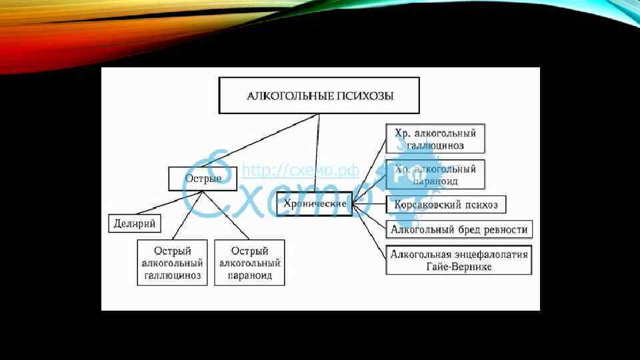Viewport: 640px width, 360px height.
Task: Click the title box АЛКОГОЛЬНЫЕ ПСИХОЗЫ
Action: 320,96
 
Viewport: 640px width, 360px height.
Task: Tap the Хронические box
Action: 314,204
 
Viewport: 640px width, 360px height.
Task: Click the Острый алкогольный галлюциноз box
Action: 171,263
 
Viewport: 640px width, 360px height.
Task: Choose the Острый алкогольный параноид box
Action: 249,263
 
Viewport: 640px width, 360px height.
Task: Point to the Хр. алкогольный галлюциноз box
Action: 435,139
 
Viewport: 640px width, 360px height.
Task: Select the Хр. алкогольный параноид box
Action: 435,175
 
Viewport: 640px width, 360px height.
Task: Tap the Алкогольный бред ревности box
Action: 459,230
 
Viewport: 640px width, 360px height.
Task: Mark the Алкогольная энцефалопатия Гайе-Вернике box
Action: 459,260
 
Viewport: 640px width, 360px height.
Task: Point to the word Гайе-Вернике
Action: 459,267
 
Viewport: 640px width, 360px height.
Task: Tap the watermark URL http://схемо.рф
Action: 300,171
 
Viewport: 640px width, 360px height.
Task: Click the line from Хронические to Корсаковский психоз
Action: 369,203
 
